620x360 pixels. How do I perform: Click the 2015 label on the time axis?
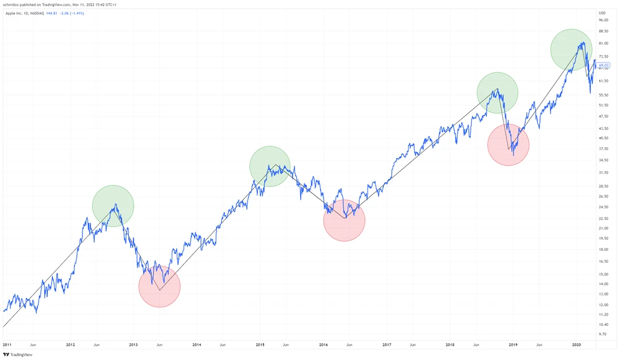pyautogui.click(x=260, y=344)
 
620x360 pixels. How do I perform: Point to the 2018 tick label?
pyautogui.click(x=450, y=344)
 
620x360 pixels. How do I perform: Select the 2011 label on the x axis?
pyautogui.click(x=7, y=344)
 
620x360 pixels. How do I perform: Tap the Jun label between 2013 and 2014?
pyautogui.click(x=159, y=344)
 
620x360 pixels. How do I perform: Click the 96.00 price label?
pyautogui.click(x=603, y=20)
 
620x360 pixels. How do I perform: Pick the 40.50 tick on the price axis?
pyautogui.click(x=603, y=138)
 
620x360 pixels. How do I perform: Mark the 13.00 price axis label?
pyautogui.click(x=603, y=294)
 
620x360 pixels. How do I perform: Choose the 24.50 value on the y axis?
pyautogui.click(x=603, y=207)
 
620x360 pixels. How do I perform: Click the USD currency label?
pyautogui.click(x=602, y=12)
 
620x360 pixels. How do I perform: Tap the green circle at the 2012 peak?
pyautogui.click(x=113, y=206)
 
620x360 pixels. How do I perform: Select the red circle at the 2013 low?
pyautogui.click(x=159, y=286)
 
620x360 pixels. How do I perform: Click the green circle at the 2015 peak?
pyautogui.click(x=270, y=167)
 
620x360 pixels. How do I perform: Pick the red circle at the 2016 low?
pyautogui.click(x=344, y=220)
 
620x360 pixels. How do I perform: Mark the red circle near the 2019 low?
pyautogui.click(x=508, y=145)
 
